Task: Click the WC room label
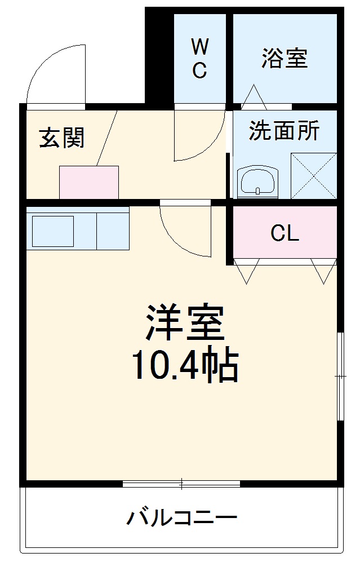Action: pos(199,57)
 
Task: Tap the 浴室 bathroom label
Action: pos(285,58)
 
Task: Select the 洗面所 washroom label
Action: pos(285,131)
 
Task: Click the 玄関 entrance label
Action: pos(62,137)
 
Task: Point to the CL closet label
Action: pos(285,233)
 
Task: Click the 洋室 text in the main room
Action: pos(185,323)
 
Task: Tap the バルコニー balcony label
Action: pos(181,517)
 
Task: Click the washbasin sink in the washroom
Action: pos(257,182)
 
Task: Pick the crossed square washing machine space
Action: pos(314,175)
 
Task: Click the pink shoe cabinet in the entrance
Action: pos(89,182)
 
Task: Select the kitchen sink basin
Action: pos(52,231)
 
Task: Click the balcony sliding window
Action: pos(181,483)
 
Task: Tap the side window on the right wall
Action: pos(340,376)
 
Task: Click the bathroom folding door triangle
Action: pos(254,97)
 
